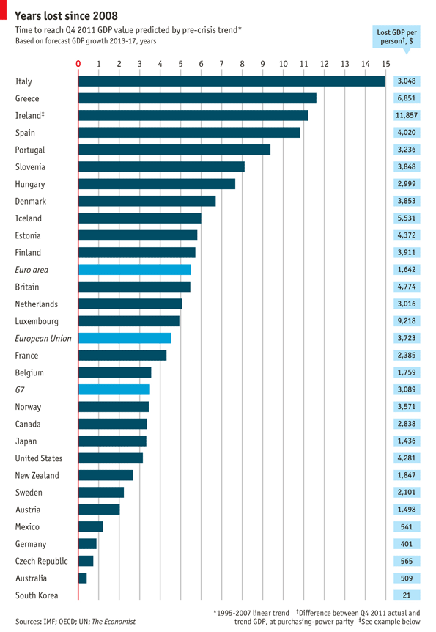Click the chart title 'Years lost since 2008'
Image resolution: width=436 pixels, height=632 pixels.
[66, 16]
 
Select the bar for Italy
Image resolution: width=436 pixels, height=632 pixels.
[231, 81]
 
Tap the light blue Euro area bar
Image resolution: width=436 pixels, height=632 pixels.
[134, 270]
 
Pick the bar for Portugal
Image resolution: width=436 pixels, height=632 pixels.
[174, 150]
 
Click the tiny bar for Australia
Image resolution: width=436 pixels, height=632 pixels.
[82, 578]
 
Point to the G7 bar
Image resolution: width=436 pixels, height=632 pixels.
[114, 389]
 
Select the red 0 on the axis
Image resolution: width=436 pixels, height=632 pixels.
[78, 65]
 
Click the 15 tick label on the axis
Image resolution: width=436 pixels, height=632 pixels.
[385, 65]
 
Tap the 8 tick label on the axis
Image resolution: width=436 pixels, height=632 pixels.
[242, 65]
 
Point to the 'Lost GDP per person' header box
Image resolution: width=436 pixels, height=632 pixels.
[396, 37]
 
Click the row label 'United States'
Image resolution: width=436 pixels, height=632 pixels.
[39, 458]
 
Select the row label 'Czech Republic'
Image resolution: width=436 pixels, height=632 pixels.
[42, 561]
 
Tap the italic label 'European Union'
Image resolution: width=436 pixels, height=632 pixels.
[43, 339]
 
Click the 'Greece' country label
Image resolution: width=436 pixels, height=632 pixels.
[27, 98]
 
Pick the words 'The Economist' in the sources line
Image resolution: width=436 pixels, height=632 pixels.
[114, 621]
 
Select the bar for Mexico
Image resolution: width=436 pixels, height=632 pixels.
[90, 526]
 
